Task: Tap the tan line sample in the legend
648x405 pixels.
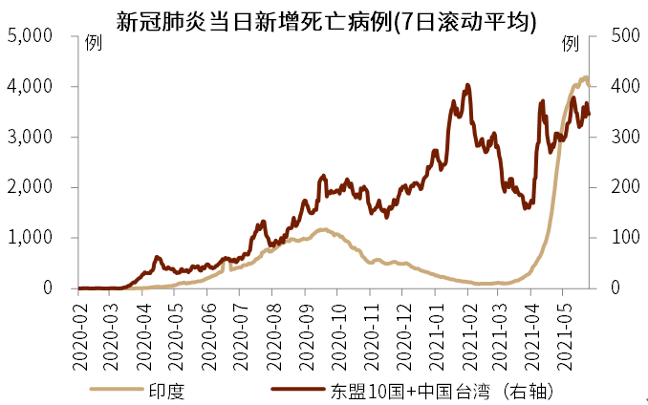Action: (x=116, y=390)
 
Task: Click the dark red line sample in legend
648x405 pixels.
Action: (x=297, y=390)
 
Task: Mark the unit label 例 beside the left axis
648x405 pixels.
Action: (x=92, y=43)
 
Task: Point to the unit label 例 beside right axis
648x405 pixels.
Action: (x=570, y=43)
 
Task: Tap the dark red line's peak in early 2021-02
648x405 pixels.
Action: (x=467, y=85)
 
